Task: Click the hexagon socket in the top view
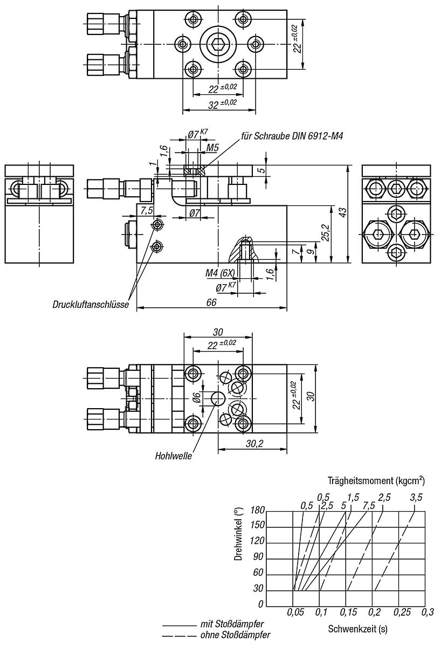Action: tap(218, 44)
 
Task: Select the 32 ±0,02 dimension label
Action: tap(222, 104)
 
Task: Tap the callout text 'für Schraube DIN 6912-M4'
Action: tap(292, 136)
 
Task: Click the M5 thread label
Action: tap(212, 148)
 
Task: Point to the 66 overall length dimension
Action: tap(211, 302)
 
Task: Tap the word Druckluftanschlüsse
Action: tap(91, 305)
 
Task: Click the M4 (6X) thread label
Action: tap(220, 273)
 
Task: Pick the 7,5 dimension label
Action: tap(147, 211)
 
